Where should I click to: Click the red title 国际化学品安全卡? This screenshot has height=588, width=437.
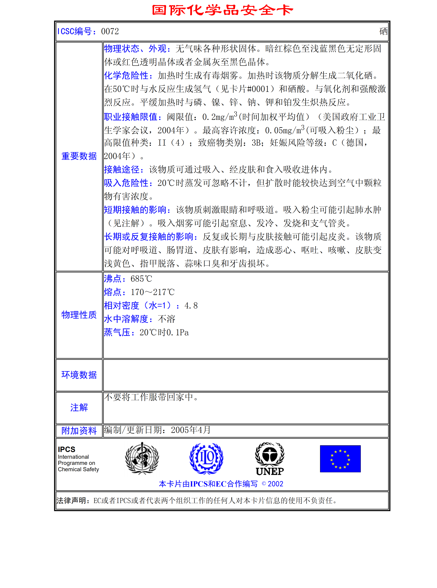point(222,10)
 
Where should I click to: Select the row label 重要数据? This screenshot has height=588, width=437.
point(79,156)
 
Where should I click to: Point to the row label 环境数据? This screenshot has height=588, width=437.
point(79,375)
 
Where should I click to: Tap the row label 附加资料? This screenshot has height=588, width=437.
point(79,431)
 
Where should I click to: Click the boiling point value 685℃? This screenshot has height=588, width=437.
point(141,279)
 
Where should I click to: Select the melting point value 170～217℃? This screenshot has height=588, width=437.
point(153,292)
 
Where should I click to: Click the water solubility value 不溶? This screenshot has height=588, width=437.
point(166,319)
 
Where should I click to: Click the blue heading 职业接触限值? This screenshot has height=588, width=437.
point(131,117)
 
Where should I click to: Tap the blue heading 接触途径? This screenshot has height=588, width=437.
point(122,169)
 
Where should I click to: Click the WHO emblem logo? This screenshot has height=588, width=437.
point(142,458)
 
